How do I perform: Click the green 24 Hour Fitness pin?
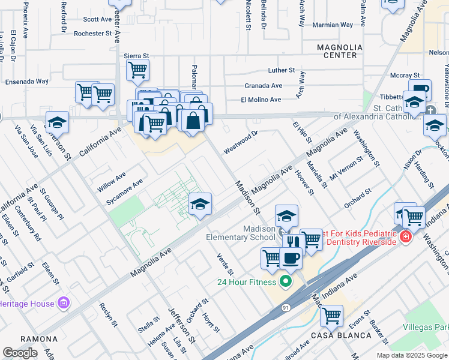[x=286, y=281]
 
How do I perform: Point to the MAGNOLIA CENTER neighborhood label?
[x=340, y=51]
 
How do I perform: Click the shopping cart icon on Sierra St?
[x=138, y=70]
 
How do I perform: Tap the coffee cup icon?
[x=291, y=258]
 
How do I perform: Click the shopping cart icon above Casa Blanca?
[x=331, y=314]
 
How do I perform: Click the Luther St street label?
[x=282, y=70]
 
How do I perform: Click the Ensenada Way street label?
[x=27, y=81]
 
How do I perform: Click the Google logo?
[x=20, y=353]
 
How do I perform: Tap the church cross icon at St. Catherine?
[x=431, y=110]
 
